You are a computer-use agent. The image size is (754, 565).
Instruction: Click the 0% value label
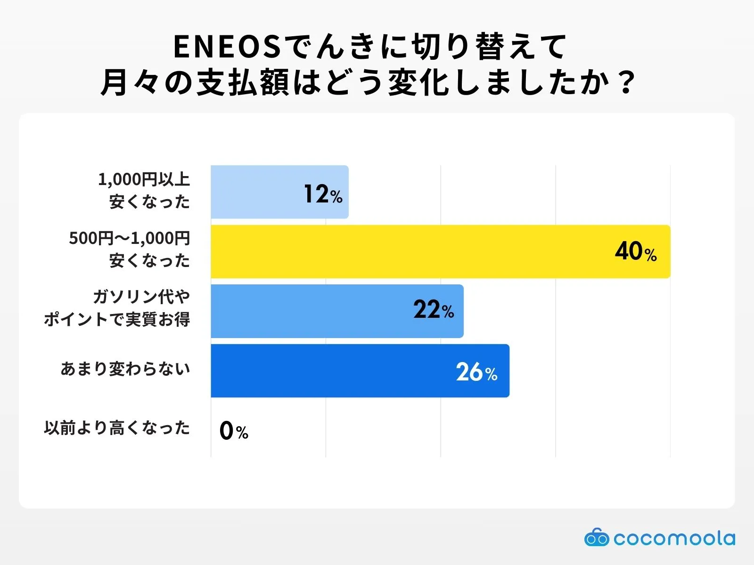pos(234,430)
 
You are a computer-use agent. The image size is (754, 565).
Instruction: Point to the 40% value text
pos(636,251)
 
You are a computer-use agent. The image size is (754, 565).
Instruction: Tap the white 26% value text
pos(476,372)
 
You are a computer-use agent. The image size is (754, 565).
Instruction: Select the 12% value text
pos(323,194)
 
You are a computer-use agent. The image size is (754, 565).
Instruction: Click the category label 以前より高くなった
pos(117,428)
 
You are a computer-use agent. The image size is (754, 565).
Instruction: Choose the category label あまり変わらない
pos(125,369)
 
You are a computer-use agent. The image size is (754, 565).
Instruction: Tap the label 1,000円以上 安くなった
pos(144,191)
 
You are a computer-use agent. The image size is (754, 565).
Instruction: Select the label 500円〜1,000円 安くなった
pos(130,250)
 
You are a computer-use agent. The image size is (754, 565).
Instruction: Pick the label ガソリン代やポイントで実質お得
pos(117,308)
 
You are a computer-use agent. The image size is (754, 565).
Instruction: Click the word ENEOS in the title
pos(227,47)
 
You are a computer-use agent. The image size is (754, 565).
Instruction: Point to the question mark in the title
pos(627,83)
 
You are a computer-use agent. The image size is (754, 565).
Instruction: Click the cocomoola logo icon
pos(597,537)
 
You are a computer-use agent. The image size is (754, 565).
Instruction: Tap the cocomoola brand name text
pos(674,538)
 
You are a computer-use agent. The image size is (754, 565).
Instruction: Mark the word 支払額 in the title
pos(242,83)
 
